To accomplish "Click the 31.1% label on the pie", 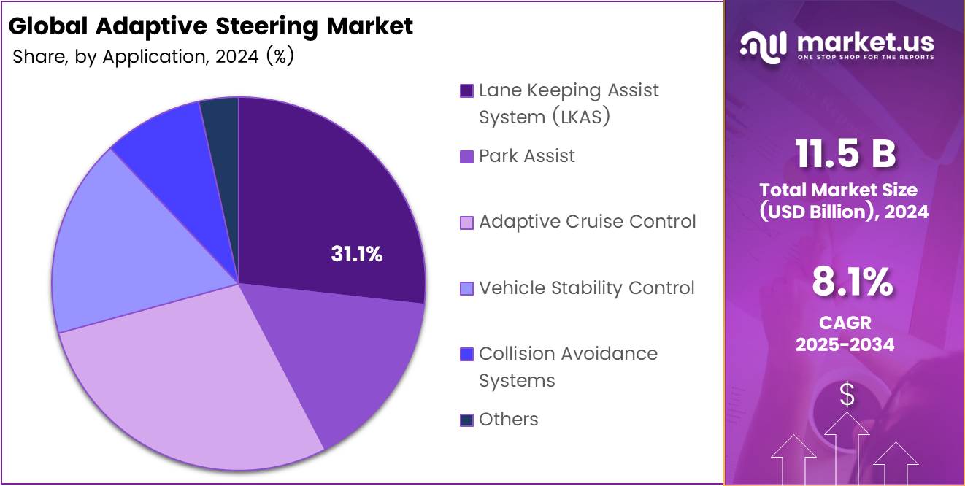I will [356, 254].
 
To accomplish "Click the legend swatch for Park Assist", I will [466, 156].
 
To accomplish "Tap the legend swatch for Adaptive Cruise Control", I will [466, 222].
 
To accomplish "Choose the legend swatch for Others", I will [466, 420].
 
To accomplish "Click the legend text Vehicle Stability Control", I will [586, 288].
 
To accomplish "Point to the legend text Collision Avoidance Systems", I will [567, 366].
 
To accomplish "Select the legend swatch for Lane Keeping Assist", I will [466, 90].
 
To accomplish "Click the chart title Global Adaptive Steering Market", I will [211, 26].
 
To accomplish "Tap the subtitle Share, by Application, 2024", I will [153, 57].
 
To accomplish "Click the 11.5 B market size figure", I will [845, 154].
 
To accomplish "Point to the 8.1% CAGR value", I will [851, 282].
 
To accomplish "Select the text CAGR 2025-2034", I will [845, 333].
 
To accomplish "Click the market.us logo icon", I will [764, 45].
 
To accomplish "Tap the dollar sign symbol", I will [847, 395].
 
